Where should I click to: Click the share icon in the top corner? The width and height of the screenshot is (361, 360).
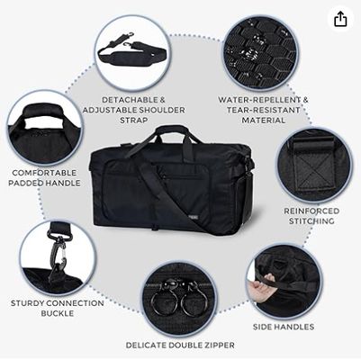(339, 19)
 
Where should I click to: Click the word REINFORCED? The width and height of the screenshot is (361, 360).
(311, 211)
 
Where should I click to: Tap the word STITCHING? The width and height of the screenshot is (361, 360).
(311, 221)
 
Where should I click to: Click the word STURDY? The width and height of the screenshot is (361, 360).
(31, 302)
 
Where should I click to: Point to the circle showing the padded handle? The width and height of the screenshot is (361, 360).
(44, 127)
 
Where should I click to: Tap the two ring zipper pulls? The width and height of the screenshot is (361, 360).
(179, 297)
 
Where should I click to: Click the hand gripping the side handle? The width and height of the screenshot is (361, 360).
(263, 286)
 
